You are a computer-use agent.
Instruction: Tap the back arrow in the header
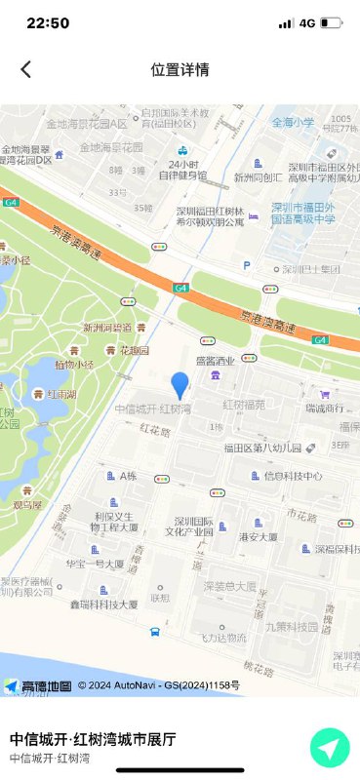[x=26, y=69]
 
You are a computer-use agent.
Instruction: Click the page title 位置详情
[x=180, y=69]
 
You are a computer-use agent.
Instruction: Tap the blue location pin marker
[x=180, y=385]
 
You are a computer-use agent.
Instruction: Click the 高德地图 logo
[x=38, y=686]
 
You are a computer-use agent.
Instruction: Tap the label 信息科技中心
[x=293, y=476]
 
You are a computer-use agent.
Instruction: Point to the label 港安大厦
[x=259, y=536]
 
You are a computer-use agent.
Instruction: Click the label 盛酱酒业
[x=215, y=360]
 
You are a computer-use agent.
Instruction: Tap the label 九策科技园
[x=291, y=626]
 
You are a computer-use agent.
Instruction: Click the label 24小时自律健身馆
[x=186, y=170]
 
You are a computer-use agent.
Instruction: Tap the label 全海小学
[x=293, y=123]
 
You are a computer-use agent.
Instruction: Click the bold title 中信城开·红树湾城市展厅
[x=93, y=739]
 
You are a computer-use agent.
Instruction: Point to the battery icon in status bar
[x=331, y=22]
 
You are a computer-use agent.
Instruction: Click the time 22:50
[x=48, y=22]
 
